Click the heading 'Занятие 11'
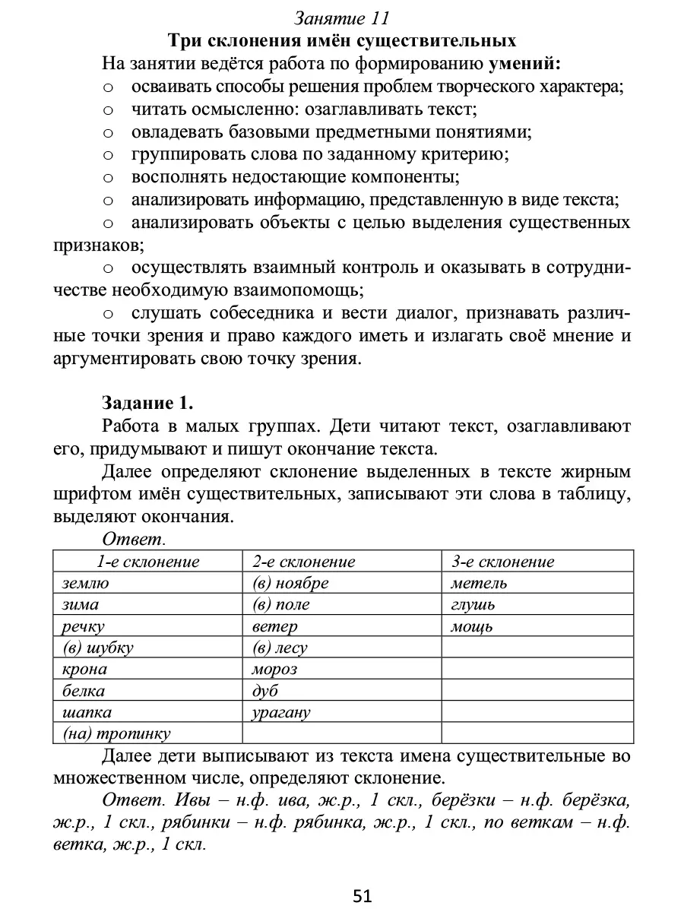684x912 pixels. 341,17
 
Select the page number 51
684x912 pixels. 363,897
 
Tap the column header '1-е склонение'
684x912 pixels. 147,562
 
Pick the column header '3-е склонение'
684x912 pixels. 502,562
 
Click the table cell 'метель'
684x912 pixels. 478,584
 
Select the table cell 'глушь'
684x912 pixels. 472,606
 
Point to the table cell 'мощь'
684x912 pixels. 471,627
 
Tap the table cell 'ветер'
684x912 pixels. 274,627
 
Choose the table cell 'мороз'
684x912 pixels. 274,670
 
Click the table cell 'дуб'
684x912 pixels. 265,691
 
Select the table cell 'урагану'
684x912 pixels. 281,713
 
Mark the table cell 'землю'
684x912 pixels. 85,584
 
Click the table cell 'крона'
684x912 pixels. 84,670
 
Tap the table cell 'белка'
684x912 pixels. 84,691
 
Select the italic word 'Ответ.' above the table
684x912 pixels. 133,540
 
